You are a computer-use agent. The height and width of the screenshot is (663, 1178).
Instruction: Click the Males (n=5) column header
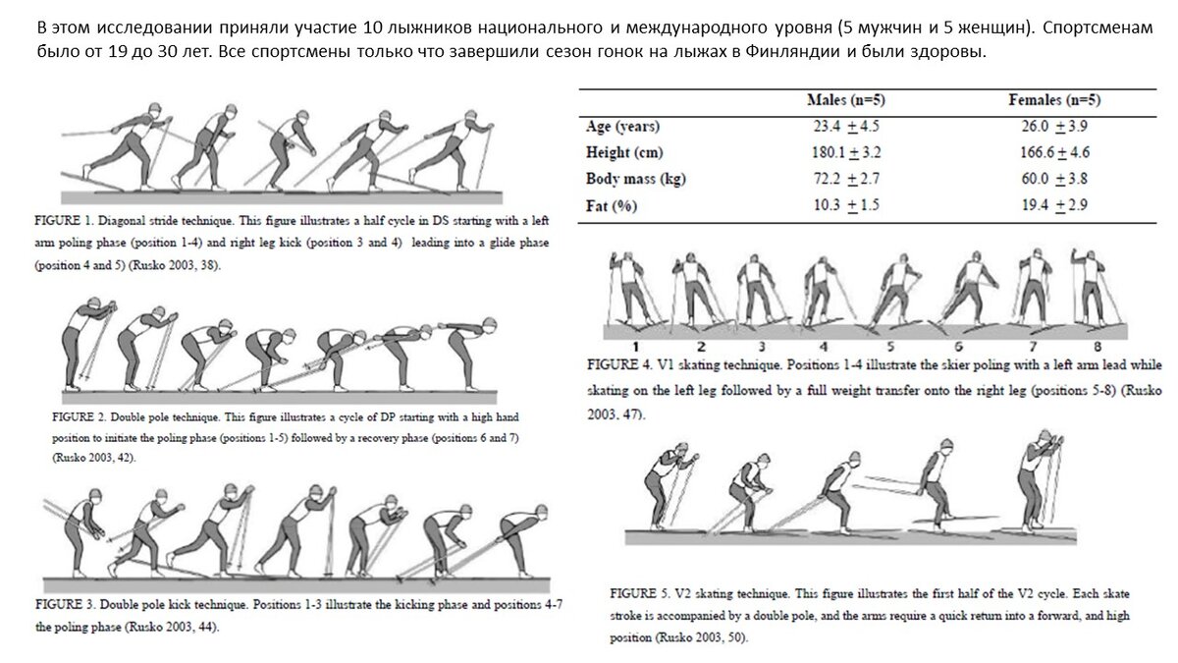[x=848, y=101]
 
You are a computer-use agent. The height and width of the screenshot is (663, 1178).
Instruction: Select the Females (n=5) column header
[x=1054, y=101]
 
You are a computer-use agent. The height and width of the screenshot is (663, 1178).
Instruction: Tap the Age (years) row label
[x=622, y=127]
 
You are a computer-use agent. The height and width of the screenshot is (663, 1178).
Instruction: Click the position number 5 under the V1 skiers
[x=890, y=346]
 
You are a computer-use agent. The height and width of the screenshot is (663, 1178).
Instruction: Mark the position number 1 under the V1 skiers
[x=635, y=346]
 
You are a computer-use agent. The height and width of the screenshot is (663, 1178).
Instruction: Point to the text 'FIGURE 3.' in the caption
[x=68, y=603]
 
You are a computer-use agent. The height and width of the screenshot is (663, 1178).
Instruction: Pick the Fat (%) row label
[x=609, y=205]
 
